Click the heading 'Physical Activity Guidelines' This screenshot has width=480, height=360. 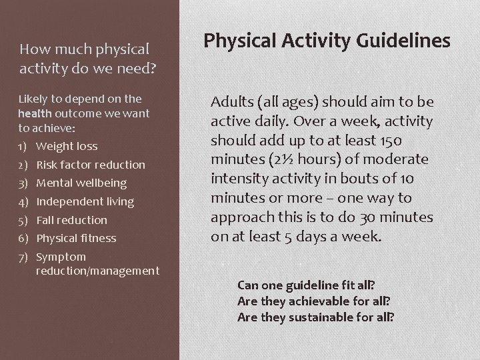(x=327, y=41)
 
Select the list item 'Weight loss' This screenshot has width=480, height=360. (x=67, y=146)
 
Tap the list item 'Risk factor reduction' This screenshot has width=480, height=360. (x=90, y=165)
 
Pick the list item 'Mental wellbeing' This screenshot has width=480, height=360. (x=81, y=183)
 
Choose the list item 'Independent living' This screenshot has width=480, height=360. (x=85, y=201)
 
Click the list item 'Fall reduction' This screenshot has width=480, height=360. (x=71, y=220)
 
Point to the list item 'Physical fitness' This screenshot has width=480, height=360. (x=76, y=238)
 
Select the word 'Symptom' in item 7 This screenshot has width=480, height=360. (x=61, y=257)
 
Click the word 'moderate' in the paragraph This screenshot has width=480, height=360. (x=397, y=160)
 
